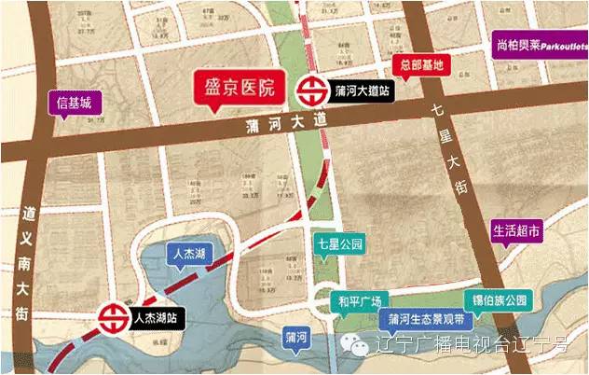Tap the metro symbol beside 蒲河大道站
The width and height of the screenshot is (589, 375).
tap(308, 91)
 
